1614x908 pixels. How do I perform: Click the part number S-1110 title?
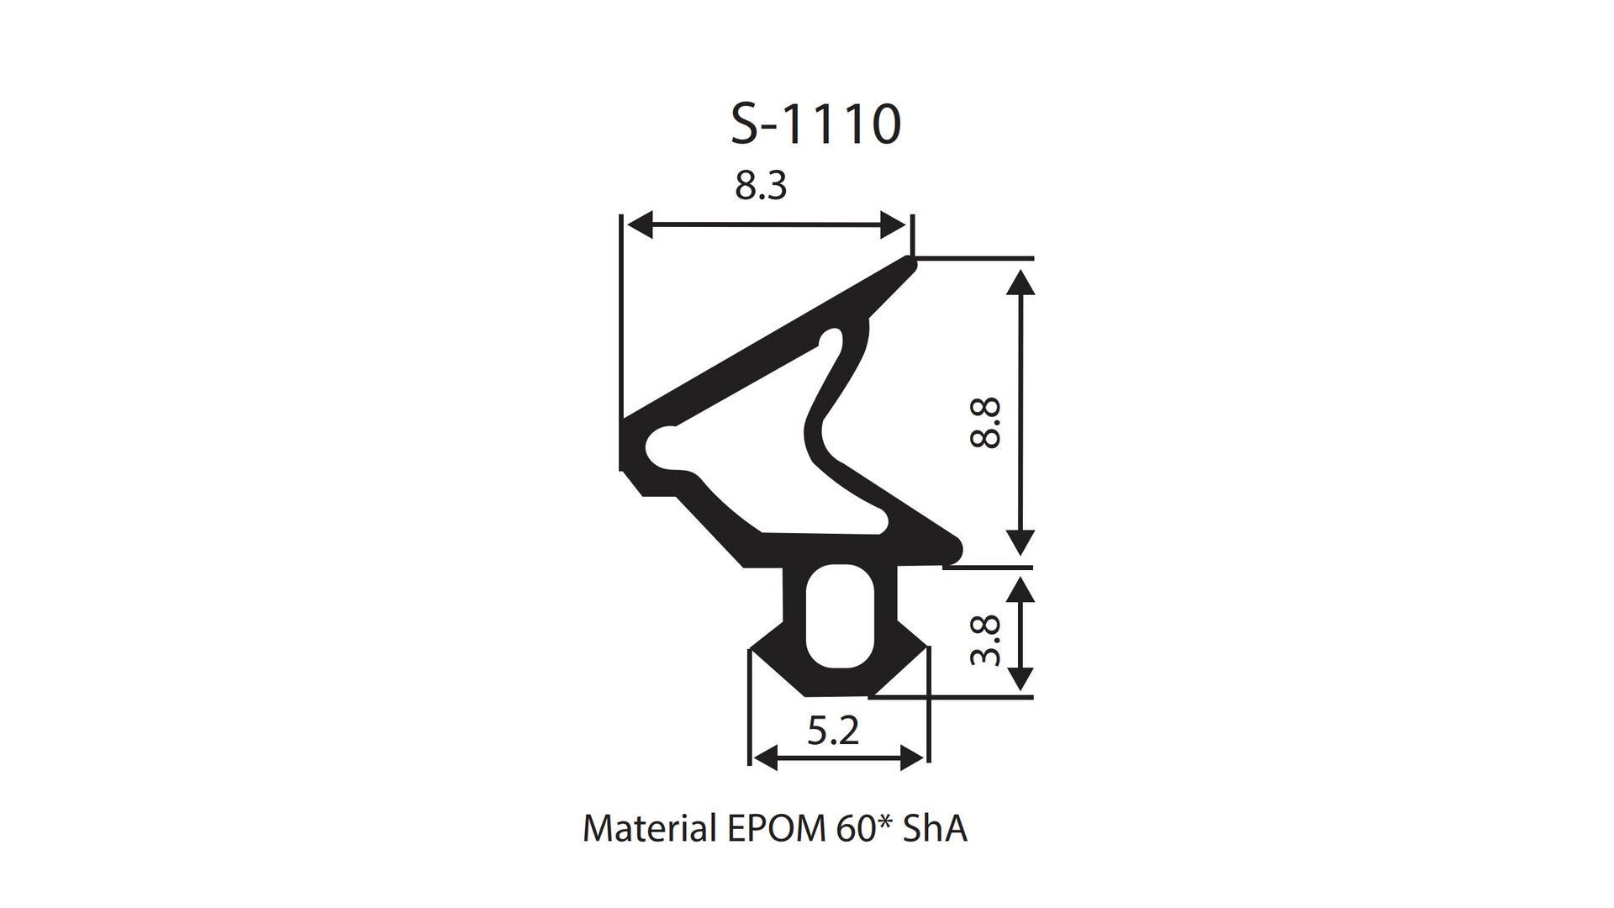pos(815,124)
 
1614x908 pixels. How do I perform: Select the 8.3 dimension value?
pos(761,186)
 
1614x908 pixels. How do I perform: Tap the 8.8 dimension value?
pos(985,423)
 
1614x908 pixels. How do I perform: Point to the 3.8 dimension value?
pos(985,640)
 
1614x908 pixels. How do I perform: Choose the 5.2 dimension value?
pos(833,731)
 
